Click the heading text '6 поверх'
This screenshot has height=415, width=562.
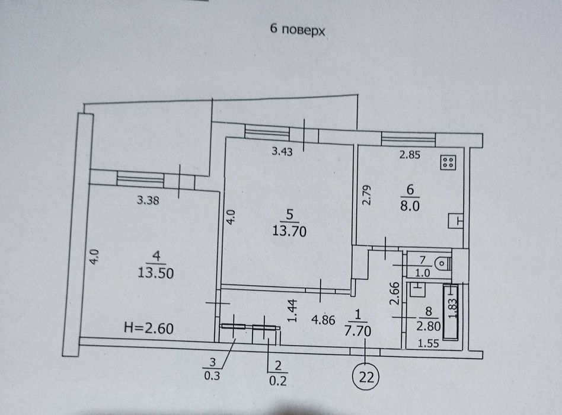298,30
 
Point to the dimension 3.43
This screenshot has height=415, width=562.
282,152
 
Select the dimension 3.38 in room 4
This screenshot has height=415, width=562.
147,200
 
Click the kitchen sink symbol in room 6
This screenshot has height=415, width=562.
455,221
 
